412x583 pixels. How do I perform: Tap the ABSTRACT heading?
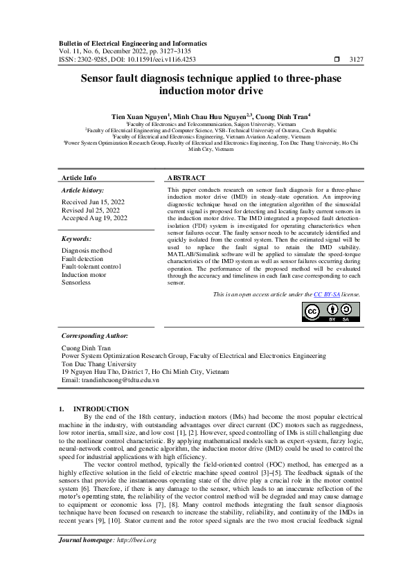pos(187,178)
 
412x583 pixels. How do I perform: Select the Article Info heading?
pos(79,178)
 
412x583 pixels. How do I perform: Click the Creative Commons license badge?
pos(331,312)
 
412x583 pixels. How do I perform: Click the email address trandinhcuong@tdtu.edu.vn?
pos(110,380)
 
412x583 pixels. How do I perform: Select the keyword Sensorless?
pos(76,283)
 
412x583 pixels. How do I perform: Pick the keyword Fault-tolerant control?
pos(91,267)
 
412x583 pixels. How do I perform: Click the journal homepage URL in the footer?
pos(136,559)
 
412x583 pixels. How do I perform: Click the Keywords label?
pos(77,238)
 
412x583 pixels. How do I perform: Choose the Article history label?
pos(83,190)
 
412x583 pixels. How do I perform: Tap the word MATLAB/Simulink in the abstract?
pos(197,253)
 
